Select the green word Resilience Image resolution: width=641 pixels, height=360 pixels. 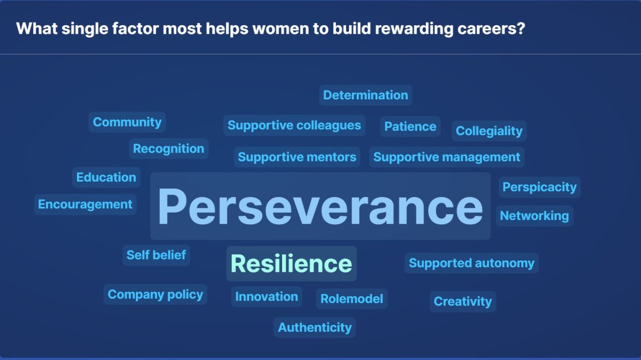pyautogui.click(x=291, y=264)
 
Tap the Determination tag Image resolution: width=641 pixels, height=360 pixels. pyautogui.click(x=365, y=96)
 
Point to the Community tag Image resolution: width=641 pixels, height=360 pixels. pyautogui.click(x=127, y=122)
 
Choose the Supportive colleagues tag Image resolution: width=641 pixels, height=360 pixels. pyautogui.click(x=294, y=126)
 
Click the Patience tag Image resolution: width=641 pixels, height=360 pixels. pyautogui.click(x=410, y=127)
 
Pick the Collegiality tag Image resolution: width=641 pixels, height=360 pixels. pyautogui.click(x=489, y=131)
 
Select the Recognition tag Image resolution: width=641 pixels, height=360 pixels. pyautogui.click(x=168, y=149)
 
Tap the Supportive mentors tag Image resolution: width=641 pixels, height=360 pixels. pyautogui.click(x=297, y=157)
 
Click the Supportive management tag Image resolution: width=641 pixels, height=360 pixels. pyautogui.click(x=447, y=157)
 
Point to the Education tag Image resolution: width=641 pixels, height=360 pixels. pyautogui.click(x=106, y=177)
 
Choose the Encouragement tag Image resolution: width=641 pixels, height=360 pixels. pyautogui.click(x=85, y=205)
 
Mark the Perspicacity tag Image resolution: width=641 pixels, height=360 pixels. pyautogui.click(x=540, y=187)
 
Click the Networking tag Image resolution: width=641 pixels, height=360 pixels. pyautogui.click(x=534, y=216)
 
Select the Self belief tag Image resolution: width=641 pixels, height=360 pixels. pyautogui.click(x=156, y=255)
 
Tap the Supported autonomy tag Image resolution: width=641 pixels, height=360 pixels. pyautogui.click(x=471, y=263)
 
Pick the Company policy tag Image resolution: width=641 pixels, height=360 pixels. pyautogui.click(x=155, y=295)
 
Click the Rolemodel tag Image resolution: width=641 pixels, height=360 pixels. pyautogui.click(x=351, y=299)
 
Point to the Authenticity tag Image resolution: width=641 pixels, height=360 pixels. pyautogui.click(x=315, y=327)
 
